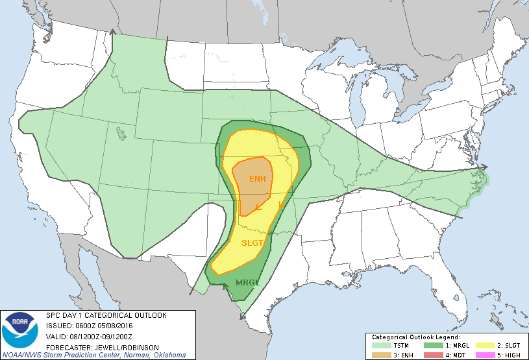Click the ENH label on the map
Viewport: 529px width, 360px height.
[x=257, y=178]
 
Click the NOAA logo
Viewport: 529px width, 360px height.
[x=20, y=330]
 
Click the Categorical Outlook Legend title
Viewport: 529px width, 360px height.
[x=415, y=337]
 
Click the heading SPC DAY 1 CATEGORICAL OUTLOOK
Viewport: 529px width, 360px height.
[x=106, y=315]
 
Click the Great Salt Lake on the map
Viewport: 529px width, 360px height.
[x=120, y=134]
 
